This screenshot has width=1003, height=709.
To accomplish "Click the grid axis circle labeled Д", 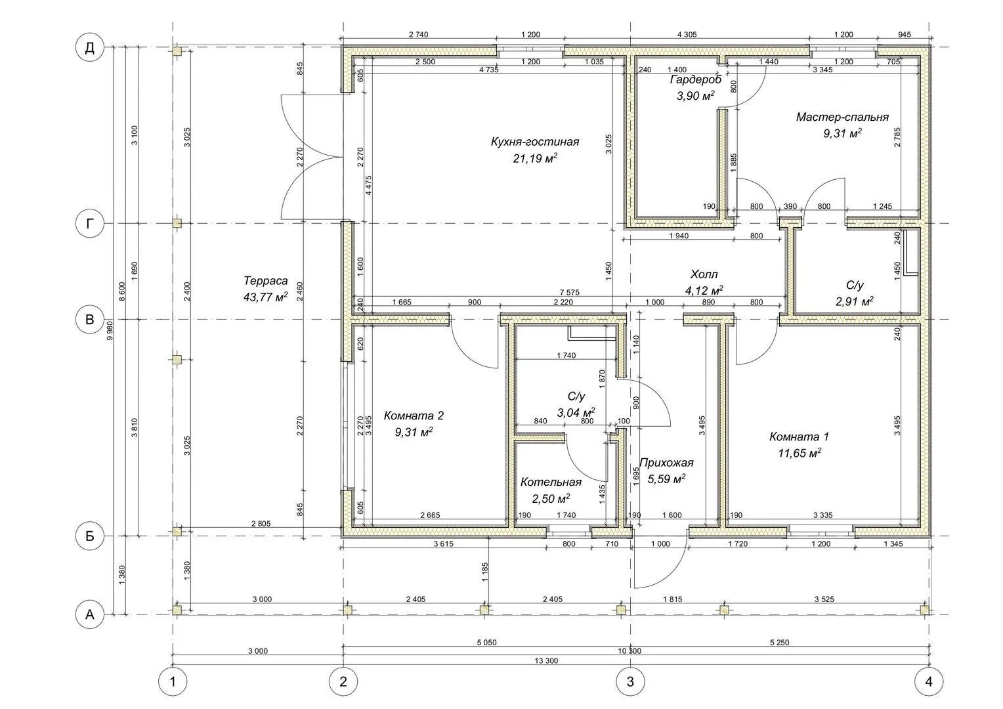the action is coord(89,47).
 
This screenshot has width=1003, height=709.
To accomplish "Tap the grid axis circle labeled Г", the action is coord(89,223).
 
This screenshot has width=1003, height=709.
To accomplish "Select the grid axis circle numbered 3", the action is coord(630,681).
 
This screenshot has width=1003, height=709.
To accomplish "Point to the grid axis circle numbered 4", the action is coord(929,681).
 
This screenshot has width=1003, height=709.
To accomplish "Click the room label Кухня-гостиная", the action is coord(534,142).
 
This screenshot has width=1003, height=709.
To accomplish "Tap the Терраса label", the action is coord(266,281).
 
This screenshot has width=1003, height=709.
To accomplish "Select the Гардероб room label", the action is coord(695,79).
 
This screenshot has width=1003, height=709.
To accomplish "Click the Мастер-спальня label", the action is coord(842,117).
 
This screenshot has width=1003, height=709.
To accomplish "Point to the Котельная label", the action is coord(551,482).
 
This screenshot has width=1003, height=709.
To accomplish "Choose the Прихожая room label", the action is coord(666,463).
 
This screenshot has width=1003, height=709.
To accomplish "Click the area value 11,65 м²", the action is coord(800,453).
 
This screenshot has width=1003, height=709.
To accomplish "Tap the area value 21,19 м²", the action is coord(534,159).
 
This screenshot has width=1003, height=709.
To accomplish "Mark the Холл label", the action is coord(704,274).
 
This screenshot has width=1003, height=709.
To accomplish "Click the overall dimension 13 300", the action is coord(546,660).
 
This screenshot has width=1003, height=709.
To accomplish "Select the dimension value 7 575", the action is coord(570,293).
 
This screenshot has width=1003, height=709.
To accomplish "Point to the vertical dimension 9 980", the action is coord(110,330).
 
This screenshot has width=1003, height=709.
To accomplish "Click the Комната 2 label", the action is coord(414,416).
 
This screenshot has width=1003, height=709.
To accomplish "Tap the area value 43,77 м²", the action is coord(265,297).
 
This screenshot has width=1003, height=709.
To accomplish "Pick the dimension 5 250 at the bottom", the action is coord(780,642).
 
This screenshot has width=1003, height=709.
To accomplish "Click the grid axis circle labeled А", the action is coord(89,614).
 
